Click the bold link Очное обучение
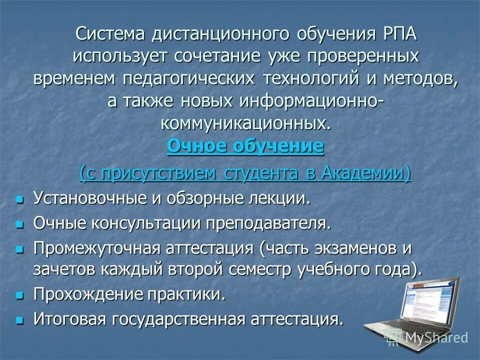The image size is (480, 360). pyautogui.click(x=245, y=147)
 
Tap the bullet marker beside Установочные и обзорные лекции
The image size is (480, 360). pyautogui.click(x=20, y=199)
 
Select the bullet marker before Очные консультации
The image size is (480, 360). pyautogui.click(x=20, y=224)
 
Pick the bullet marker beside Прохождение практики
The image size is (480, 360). pyautogui.click(x=20, y=295)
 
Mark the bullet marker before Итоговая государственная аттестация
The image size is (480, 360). pyautogui.click(x=20, y=320)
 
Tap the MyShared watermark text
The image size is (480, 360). pyautogui.click(x=436, y=338)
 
